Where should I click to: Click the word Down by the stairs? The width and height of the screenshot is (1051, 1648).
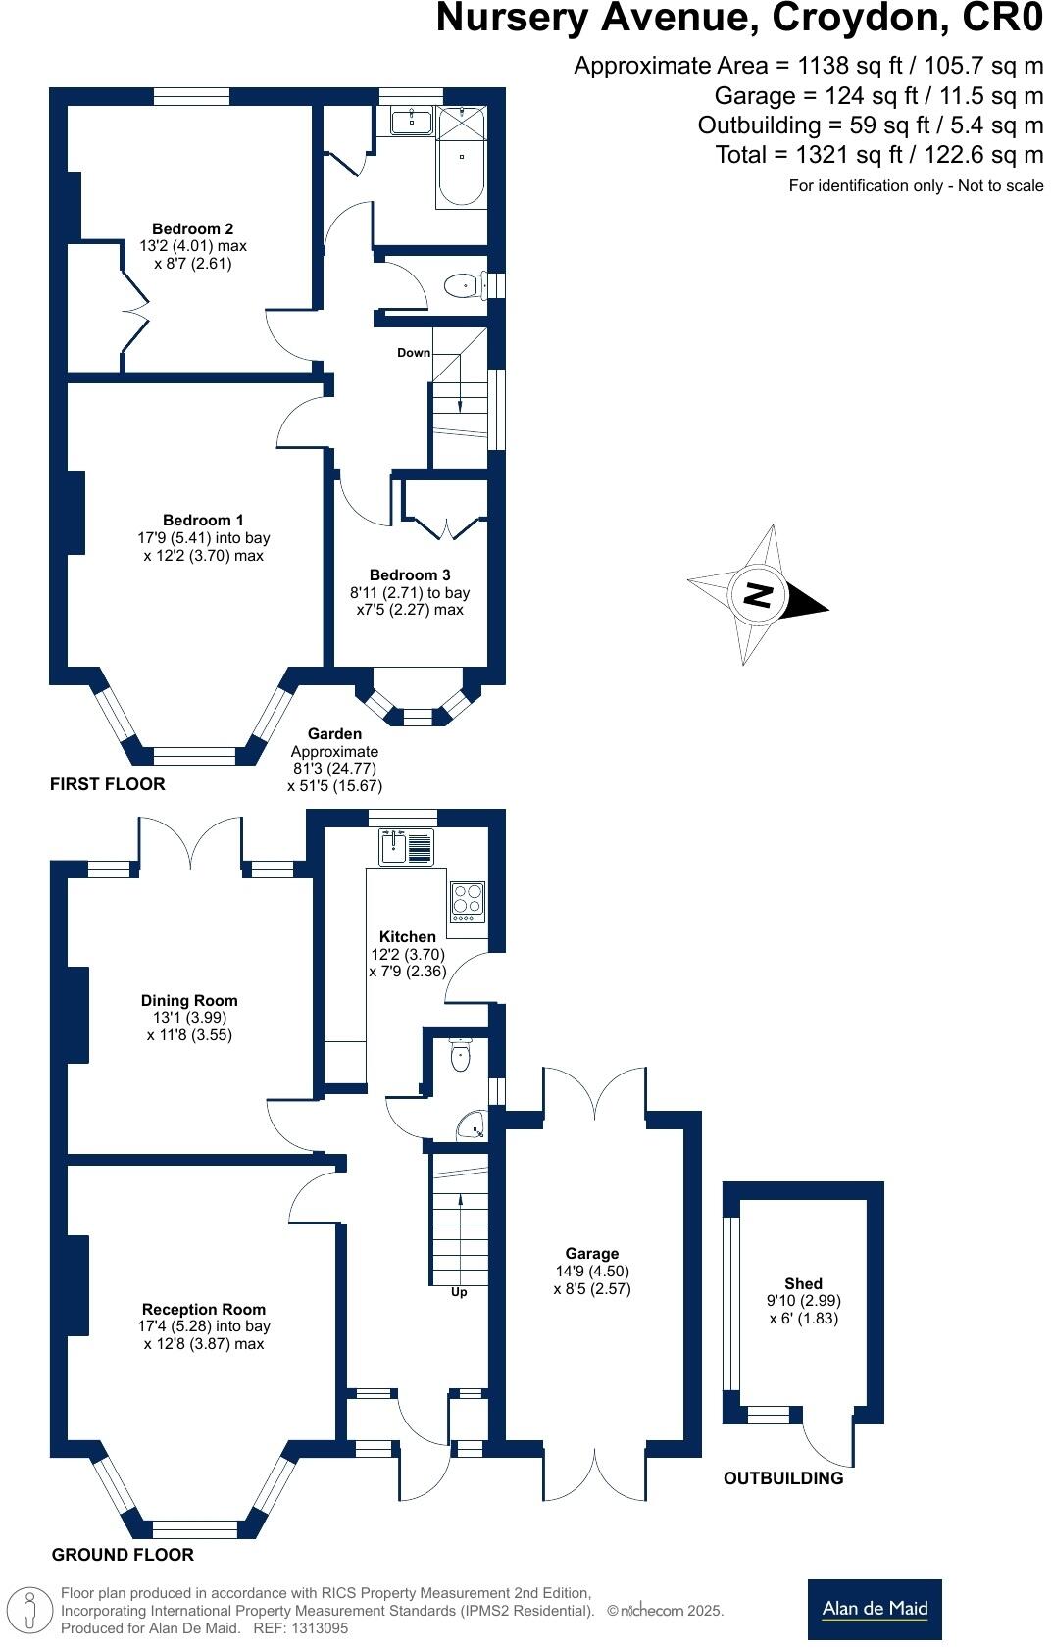pos(414,353)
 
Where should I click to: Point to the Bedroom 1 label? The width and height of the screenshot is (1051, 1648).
pos(203,521)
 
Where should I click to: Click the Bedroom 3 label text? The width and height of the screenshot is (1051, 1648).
pos(410,575)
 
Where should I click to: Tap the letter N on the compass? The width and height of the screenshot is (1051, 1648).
pos(758,595)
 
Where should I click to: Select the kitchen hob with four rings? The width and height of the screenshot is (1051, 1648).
pos(468,901)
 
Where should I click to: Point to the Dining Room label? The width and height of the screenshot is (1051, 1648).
pos(189,1001)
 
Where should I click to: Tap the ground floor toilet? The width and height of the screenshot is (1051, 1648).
pos(460,1056)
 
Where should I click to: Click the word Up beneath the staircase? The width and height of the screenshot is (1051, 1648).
pos(459,1292)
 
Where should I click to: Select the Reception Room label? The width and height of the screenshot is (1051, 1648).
pos(204,1310)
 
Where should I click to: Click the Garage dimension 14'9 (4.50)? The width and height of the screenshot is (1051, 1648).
pos(592,1272)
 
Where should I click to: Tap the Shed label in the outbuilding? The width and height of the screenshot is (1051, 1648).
pos(803,1284)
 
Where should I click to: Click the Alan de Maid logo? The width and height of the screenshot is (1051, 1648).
pos(875,1609)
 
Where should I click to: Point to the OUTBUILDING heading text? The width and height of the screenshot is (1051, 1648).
pos(782,1478)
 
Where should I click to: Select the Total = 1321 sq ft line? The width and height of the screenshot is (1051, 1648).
pos(878,155)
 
